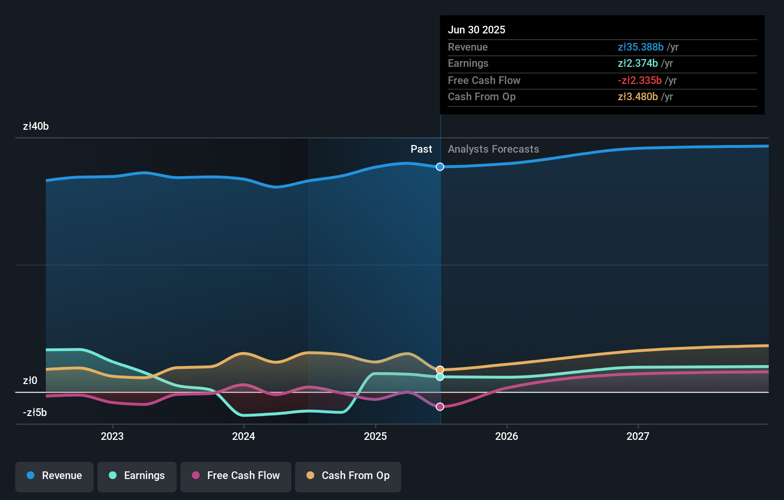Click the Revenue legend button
tap(54, 476)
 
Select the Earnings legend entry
tap(137, 476)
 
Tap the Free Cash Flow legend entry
tap(236, 476)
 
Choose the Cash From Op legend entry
tap(348, 476)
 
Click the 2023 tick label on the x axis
tap(112, 436)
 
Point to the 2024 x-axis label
tap(244, 436)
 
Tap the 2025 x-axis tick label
tap(375, 436)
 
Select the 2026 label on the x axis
tap(507, 436)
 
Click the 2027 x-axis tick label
tap(638, 436)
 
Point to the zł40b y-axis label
tap(36, 126)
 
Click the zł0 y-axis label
tap(30, 381)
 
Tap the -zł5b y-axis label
tap(35, 413)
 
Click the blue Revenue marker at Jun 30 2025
tap(440, 167)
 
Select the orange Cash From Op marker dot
tap(440, 370)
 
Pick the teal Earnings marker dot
tap(440, 377)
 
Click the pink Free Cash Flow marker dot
tap(440, 406)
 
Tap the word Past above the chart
tap(421, 149)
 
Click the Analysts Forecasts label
tap(493, 149)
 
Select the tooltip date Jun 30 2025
tap(477, 30)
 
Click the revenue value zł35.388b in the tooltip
tap(640, 47)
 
